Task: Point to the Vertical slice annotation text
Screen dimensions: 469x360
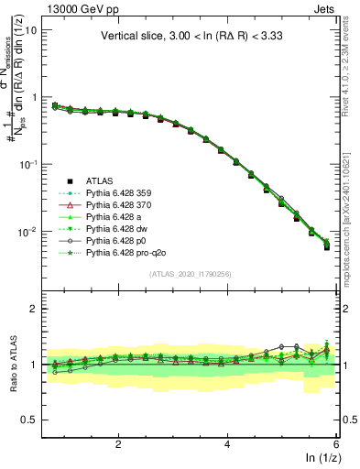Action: click(x=193, y=38)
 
